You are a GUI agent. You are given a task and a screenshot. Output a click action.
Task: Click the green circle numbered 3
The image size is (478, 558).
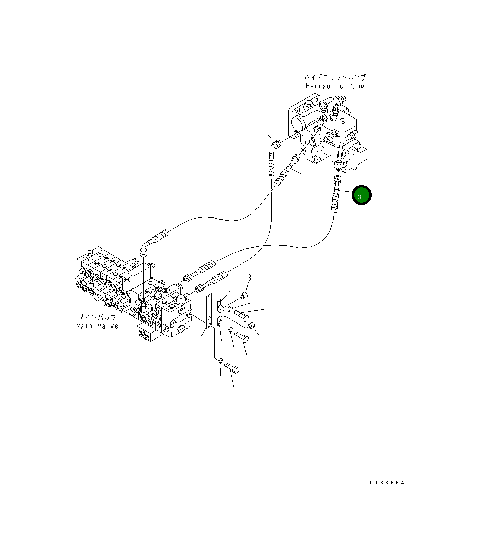(361, 196)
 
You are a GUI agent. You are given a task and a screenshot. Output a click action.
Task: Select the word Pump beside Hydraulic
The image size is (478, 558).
(356, 86)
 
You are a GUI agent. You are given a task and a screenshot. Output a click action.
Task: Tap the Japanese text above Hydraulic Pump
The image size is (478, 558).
(335, 78)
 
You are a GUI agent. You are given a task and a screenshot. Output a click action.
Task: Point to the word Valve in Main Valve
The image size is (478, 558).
(107, 326)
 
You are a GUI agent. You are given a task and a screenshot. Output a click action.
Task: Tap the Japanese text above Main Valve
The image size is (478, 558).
(97, 317)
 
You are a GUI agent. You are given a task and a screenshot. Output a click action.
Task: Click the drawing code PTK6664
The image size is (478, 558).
(387, 483)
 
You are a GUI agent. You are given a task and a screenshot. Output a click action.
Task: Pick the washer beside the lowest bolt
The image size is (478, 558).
(220, 361)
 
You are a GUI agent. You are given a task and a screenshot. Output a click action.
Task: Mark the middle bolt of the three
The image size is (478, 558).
(241, 337)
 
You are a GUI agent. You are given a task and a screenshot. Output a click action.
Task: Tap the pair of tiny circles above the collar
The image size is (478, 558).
(249, 278)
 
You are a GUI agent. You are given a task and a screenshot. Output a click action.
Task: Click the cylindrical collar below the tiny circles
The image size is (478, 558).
(243, 296)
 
